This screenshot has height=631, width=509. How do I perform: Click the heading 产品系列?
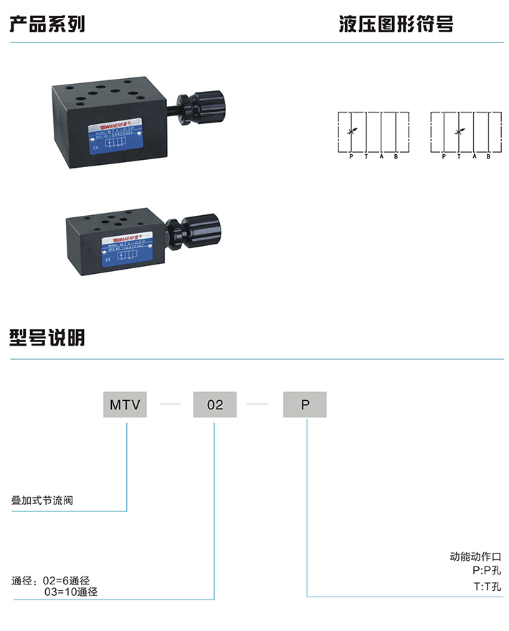point(47,24)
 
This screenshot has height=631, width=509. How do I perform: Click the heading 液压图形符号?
point(396,24)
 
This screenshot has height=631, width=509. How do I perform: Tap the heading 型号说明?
point(47,336)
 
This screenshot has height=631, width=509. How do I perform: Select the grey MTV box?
point(128,405)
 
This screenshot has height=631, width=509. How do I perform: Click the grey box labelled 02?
point(215,405)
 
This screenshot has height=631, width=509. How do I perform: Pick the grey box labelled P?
point(305,405)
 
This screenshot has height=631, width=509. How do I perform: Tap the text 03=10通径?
point(71,592)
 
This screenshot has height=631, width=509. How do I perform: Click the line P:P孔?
point(487,571)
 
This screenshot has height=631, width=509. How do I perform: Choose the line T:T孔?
point(487,587)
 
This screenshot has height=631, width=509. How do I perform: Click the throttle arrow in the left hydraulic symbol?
point(351,131)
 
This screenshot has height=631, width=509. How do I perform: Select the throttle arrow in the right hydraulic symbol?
point(460,131)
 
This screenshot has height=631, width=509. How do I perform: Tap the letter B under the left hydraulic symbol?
point(396,156)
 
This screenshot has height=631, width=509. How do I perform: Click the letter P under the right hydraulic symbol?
point(444,156)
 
